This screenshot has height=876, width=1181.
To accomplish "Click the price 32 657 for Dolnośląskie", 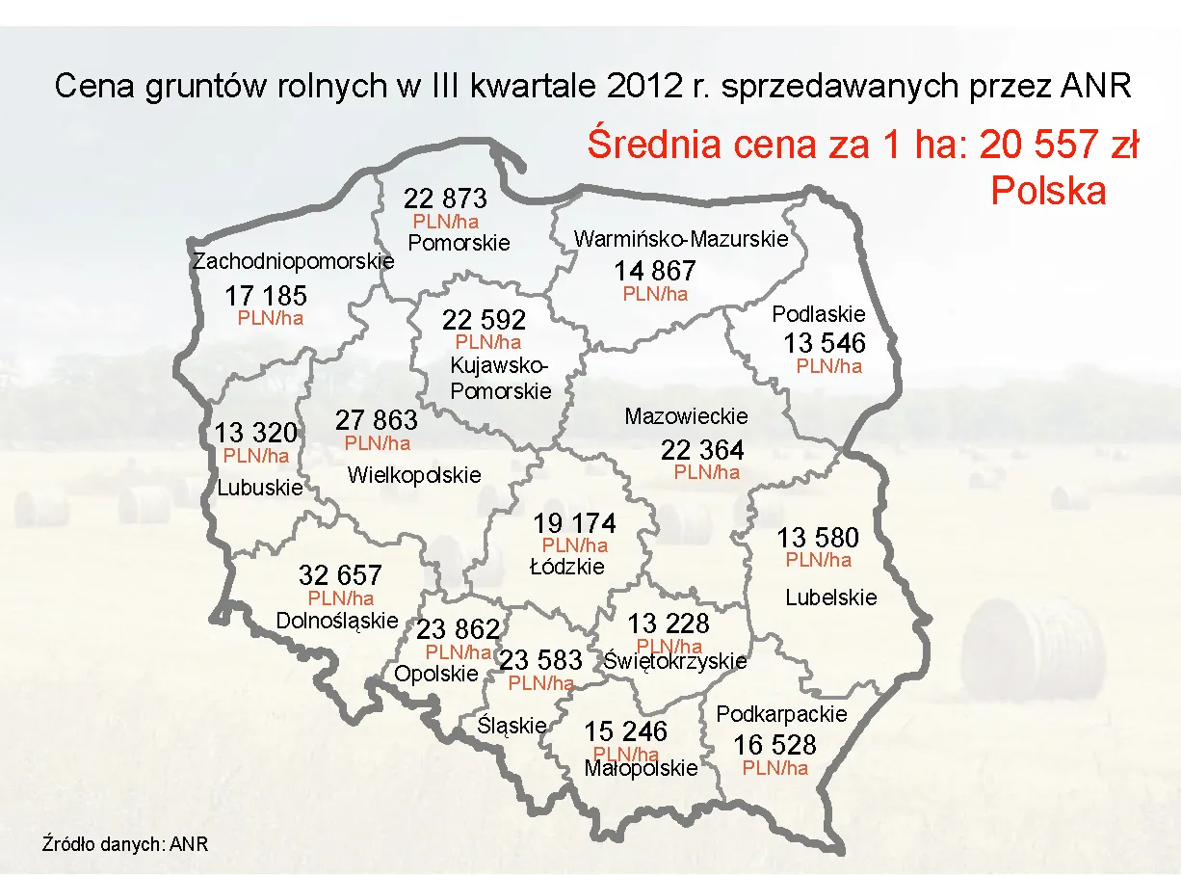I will point(340,575).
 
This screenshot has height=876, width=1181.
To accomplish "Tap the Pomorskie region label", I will point(459,243).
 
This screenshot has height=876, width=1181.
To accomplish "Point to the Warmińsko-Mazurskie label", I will point(681,238).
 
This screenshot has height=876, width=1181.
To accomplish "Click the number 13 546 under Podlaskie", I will point(824,343).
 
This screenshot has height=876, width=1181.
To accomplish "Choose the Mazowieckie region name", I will point(686,416).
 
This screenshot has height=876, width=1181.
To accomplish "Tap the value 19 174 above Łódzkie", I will point(575,524).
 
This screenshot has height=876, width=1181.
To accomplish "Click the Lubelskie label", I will point(831,597).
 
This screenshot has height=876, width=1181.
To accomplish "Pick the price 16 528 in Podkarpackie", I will point(774,745).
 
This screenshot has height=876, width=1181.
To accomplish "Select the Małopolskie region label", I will point(641,769).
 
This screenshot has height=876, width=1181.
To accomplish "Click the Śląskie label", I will point(512,726).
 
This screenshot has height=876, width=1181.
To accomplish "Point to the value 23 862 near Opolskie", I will point(458,629).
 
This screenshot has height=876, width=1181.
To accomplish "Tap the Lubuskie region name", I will point(259,488).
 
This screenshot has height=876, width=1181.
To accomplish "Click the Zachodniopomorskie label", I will point(294,261).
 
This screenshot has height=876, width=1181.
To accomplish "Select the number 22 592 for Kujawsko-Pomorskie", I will point(485,319).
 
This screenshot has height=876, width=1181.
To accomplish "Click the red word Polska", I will point(1048,191).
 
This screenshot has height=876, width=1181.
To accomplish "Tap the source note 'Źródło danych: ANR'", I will point(125,844).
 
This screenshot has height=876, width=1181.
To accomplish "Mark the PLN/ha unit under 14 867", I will point(655,294).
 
